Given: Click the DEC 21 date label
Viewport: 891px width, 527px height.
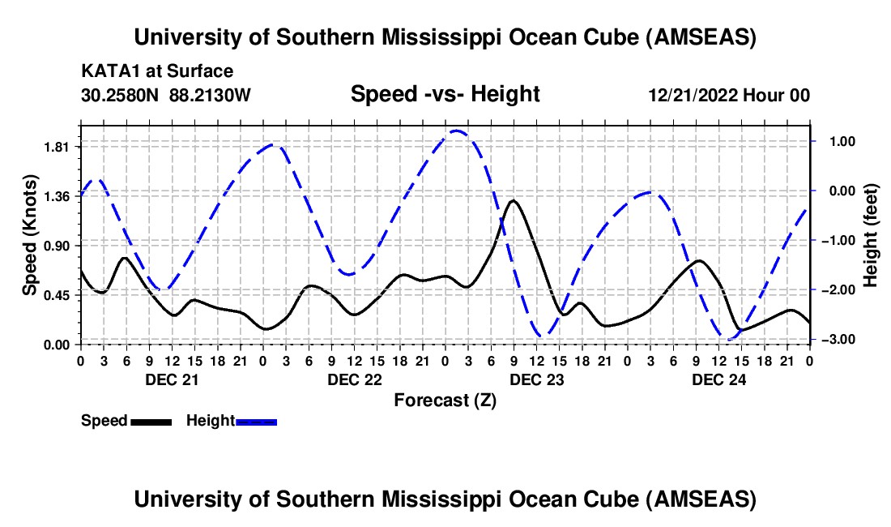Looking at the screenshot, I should click(x=171, y=379).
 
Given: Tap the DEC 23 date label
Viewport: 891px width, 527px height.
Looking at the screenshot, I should click(x=535, y=379).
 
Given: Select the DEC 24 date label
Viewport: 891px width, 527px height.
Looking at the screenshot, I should click(x=718, y=379).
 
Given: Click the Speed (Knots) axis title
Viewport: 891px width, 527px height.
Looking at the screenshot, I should click(x=29, y=234).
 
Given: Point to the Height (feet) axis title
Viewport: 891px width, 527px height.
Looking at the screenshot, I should click(x=871, y=234).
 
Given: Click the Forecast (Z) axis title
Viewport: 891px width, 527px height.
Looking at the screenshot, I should click(x=445, y=400).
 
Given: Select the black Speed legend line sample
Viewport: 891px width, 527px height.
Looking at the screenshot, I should click(x=151, y=421).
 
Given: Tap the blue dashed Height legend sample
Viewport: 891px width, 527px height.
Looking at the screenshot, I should click(x=257, y=421).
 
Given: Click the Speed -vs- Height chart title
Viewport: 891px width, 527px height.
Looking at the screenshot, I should click(x=445, y=94).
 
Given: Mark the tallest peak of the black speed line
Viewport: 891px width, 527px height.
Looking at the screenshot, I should click(x=514, y=200).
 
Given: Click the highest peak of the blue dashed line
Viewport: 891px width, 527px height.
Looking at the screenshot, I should click(x=456, y=130).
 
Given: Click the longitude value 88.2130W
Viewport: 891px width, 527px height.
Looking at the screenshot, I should click(x=211, y=95).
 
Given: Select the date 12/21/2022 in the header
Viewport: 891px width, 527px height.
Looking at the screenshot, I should click(x=693, y=95).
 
